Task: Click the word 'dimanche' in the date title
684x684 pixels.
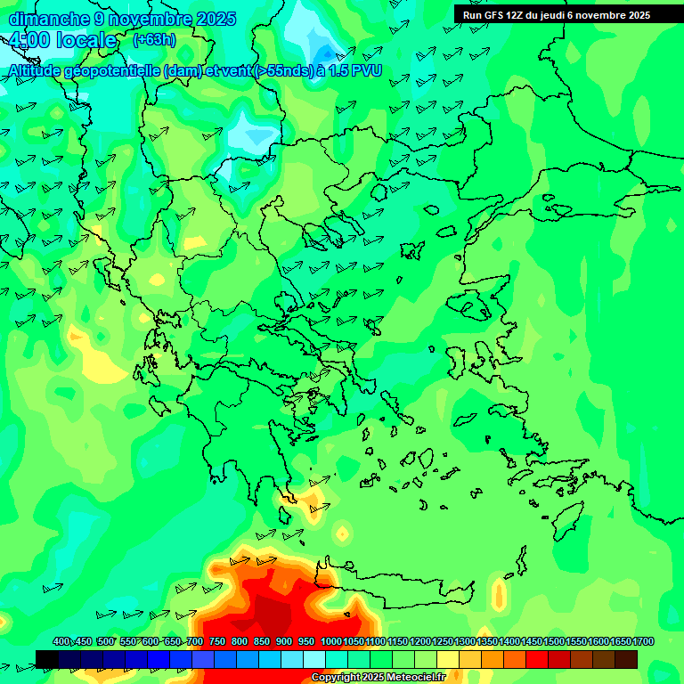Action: pos(46,19)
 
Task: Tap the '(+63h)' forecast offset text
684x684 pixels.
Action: pos(154,40)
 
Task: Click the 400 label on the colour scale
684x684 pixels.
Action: pos(61,642)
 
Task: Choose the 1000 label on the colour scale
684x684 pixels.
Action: pos(330,642)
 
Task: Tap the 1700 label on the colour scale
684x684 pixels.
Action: pos(642,642)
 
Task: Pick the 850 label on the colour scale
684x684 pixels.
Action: pos(262,642)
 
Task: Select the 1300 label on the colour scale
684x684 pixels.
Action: pos(465,642)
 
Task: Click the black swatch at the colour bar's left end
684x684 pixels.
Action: pos(47,659)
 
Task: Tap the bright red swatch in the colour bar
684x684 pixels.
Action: pos(537,659)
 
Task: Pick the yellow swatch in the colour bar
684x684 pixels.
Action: pos(448,659)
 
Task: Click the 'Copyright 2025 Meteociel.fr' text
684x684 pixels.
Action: pos(378,678)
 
